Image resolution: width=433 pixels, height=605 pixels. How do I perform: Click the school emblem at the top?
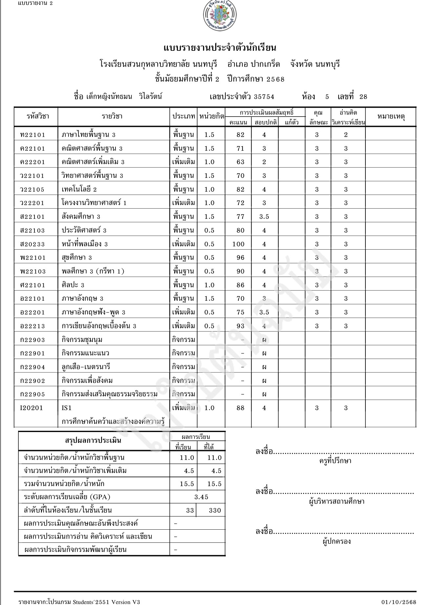220,16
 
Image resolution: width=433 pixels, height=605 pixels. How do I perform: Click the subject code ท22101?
32,135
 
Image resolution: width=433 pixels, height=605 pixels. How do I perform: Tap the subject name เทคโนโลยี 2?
79,189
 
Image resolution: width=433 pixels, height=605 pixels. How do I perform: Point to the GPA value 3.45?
201,497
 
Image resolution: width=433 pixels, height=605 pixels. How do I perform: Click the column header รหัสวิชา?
38,116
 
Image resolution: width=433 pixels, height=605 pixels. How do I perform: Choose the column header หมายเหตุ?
391,116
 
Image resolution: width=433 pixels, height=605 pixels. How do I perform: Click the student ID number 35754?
264,97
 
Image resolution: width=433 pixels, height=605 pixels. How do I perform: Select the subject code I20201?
31,408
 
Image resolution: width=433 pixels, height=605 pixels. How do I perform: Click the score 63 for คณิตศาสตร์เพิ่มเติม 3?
240,162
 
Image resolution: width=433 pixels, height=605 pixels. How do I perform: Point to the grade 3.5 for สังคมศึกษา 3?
264,217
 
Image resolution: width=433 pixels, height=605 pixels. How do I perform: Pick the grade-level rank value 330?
215,510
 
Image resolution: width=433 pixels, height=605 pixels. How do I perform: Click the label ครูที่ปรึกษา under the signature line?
335,461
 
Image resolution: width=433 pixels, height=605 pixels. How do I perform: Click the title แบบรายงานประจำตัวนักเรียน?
220,48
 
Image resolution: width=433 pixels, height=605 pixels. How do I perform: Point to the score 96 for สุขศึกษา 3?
240,257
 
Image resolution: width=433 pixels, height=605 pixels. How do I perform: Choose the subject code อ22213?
32,326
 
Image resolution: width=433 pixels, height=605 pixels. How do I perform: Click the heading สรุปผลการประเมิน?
93,440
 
